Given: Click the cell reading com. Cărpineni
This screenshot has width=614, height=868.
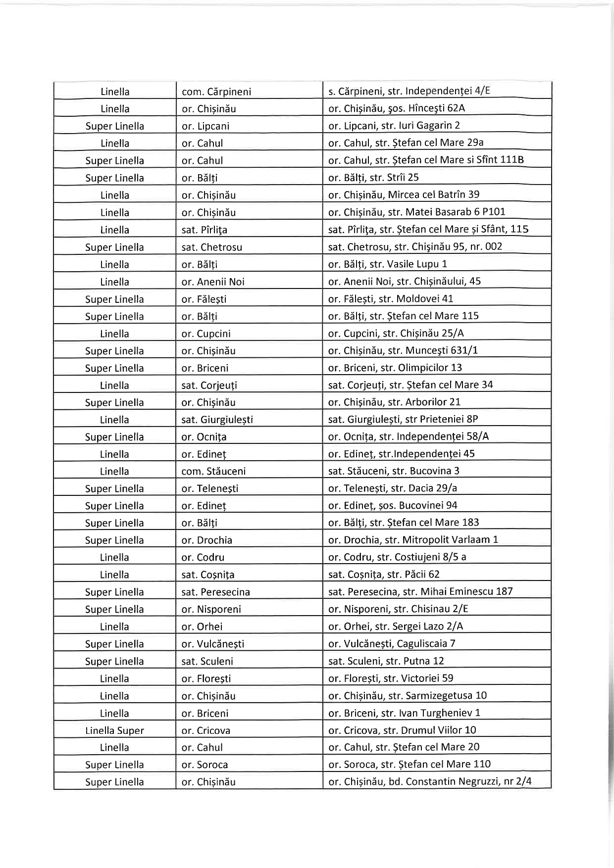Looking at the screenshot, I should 216,92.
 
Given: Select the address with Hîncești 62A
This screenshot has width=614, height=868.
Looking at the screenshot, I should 397,108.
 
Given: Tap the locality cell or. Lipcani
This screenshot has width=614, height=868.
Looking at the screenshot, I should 205,126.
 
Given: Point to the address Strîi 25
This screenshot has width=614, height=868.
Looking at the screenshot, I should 373,177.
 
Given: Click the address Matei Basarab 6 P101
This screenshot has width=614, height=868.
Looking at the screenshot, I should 417,212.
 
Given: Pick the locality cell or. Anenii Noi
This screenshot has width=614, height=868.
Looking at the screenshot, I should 213,282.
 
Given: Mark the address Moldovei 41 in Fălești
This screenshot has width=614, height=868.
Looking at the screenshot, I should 391,298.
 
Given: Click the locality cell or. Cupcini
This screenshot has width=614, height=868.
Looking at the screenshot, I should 206,334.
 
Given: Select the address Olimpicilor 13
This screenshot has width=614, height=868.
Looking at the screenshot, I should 395,368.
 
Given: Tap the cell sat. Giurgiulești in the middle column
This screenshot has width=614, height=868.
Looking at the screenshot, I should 217,420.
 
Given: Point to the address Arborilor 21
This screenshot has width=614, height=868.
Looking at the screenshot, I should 394,402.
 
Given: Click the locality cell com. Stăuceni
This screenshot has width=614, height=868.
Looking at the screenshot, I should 213,471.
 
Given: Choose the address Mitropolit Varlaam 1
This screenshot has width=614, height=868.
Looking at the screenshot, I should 413,539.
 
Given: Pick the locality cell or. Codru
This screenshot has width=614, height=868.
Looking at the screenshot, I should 203,557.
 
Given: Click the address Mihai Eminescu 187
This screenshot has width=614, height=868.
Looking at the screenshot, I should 420,591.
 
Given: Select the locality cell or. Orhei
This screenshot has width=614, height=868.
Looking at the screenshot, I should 202,627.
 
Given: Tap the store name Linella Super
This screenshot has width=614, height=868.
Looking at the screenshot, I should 114,730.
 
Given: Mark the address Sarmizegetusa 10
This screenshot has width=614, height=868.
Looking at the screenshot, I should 408,695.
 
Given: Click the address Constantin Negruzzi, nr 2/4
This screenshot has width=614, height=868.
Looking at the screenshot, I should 430,782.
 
